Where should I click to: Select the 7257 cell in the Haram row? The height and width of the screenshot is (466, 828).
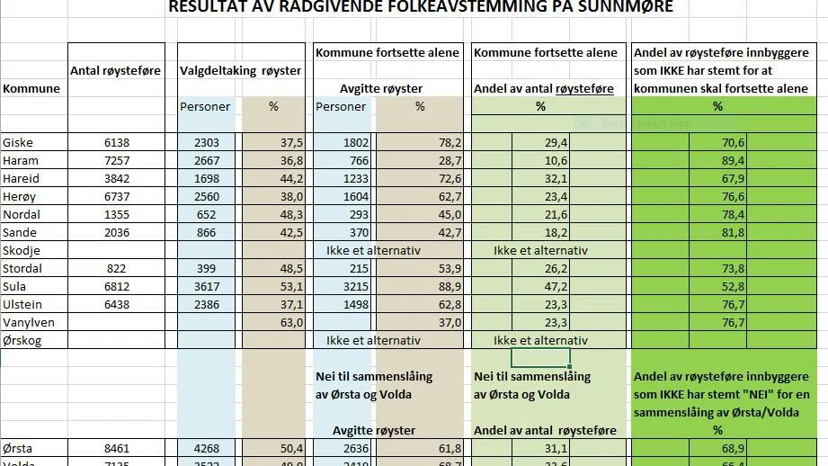click(117, 161)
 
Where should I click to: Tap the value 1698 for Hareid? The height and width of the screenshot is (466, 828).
click(206, 179)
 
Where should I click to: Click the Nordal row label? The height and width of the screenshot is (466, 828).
click(22, 215)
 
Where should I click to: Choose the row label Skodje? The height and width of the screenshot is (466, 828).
click(22, 250)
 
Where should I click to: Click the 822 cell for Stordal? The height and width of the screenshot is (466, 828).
click(117, 269)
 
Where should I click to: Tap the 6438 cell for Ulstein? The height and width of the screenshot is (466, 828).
click(117, 305)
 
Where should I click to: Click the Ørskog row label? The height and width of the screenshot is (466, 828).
click(22, 341)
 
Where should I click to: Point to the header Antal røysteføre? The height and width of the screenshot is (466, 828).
click(115, 70)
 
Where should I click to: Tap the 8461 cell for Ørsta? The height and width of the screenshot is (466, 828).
click(117, 449)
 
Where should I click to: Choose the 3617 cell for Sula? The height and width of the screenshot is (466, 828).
click(206, 287)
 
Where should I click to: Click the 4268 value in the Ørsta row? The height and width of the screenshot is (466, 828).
click(206, 449)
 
